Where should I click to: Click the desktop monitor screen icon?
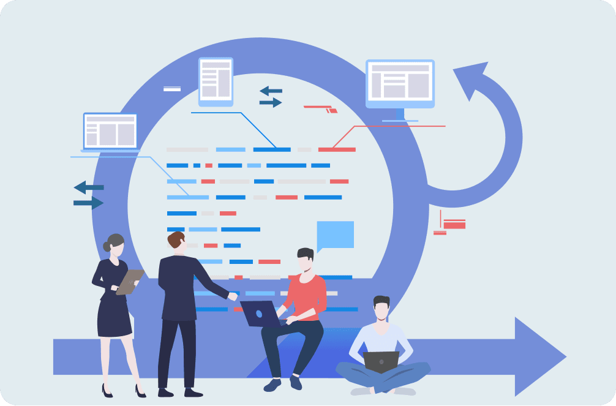coord(400,83)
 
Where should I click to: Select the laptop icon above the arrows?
coord(110,132)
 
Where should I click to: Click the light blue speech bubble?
coord(335,235)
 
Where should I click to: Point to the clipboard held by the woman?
coord(130,281)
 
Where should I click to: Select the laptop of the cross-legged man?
coord(381,361)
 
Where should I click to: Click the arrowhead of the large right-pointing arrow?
coord(539,356)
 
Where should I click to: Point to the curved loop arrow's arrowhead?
coord(470,80)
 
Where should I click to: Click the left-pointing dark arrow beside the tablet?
coord(270,91)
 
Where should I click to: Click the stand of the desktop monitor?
coord(400,115)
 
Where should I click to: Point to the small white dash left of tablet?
coord(172,89)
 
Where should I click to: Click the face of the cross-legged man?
coord(381,310)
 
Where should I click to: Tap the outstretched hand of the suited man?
coord(232,296)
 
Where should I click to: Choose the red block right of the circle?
coord(454,225)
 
